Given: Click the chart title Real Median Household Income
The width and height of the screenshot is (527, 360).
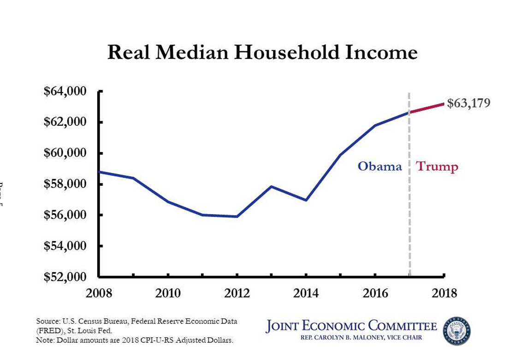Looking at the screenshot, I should pos(262,53).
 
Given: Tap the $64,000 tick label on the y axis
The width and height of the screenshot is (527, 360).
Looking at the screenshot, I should pos(65,91).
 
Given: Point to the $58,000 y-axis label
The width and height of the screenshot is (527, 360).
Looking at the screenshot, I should pos(65,184).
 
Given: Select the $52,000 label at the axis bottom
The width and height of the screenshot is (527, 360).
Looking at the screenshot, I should pos(65,277).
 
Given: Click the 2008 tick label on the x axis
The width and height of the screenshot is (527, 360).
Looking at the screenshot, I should pos(99,293).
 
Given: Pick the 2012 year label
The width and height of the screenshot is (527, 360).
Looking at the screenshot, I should pos(237,293).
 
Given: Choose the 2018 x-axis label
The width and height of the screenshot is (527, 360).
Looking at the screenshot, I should pos(444,293).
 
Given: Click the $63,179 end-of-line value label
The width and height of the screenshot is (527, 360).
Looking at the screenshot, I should pos(468,103).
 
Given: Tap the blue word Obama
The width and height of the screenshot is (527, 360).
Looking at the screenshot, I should pos(380,166).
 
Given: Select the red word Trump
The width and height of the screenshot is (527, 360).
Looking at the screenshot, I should pos(437,166).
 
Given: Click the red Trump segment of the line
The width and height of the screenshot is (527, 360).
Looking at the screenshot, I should pos(427,108).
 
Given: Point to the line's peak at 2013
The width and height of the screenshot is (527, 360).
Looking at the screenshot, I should pos(272,187).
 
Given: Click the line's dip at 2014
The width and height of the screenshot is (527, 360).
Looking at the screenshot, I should pos(306,200).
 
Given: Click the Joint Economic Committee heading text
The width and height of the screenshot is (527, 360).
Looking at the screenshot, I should pos(351,326).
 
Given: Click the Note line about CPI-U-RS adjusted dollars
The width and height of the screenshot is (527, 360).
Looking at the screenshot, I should pos(135,341).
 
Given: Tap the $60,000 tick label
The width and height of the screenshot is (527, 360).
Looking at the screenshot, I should pos(65,153).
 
